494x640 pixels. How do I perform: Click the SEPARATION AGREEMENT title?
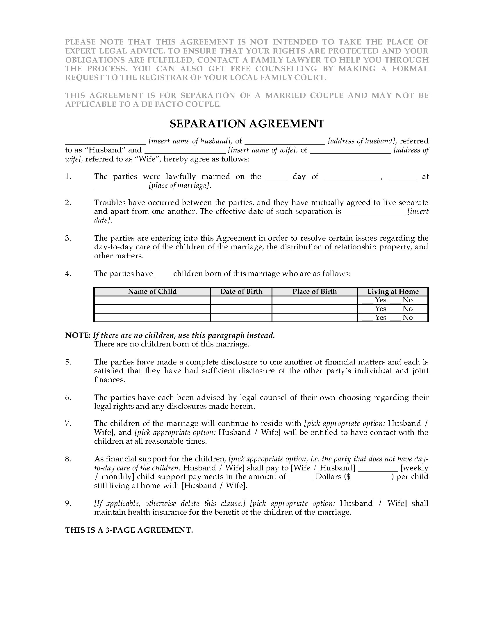(x=247, y=124)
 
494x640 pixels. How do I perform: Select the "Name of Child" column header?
(x=152, y=292)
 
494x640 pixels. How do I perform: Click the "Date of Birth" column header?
(x=241, y=292)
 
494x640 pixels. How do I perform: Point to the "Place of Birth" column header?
(x=315, y=292)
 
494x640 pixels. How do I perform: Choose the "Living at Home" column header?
(x=393, y=292)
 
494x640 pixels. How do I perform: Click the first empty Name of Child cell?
(x=152, y=300)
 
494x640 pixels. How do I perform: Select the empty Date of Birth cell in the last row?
(x=241, y=318)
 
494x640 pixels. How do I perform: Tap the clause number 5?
(x=68, y=362)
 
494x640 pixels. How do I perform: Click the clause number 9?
(x=68, y=503)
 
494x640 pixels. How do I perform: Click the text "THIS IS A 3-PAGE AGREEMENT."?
(x=129, y=530)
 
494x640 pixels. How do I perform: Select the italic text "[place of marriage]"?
(x=180, y=186)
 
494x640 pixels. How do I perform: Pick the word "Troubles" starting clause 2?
(x=109, y=203)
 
